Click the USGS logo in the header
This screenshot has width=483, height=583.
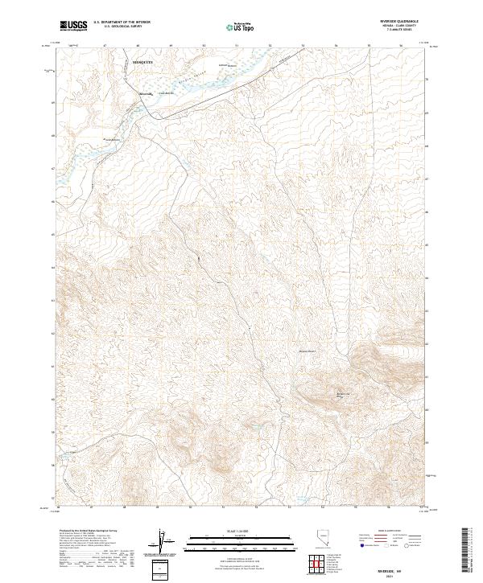[72, 26]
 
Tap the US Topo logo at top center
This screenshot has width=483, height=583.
[242, 27]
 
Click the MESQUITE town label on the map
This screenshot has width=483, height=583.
[143, 61]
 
